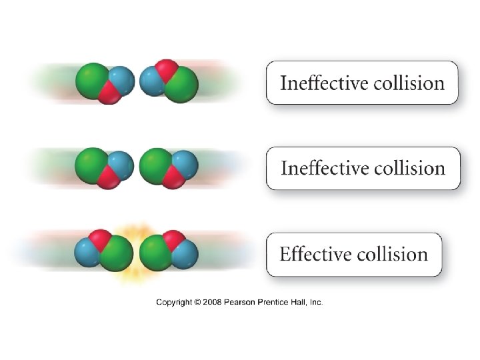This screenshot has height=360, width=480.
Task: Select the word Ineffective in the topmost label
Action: [x=319, y=83]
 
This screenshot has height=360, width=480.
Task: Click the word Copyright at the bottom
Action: [x=175, y=302]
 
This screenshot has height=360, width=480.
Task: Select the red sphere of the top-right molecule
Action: [x=167, y=68]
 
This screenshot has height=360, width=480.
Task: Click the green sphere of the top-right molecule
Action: [x=181, y=85]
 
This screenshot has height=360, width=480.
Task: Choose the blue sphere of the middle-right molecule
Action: [x=184, y=164]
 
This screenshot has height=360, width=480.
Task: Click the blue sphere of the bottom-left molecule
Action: [x=87, y=253]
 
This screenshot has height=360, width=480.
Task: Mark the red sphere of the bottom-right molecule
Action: [x=175, y=239]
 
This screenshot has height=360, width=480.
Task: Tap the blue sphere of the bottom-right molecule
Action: [x=185, y=253]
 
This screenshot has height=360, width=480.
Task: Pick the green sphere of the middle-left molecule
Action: [x=92, y=165]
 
